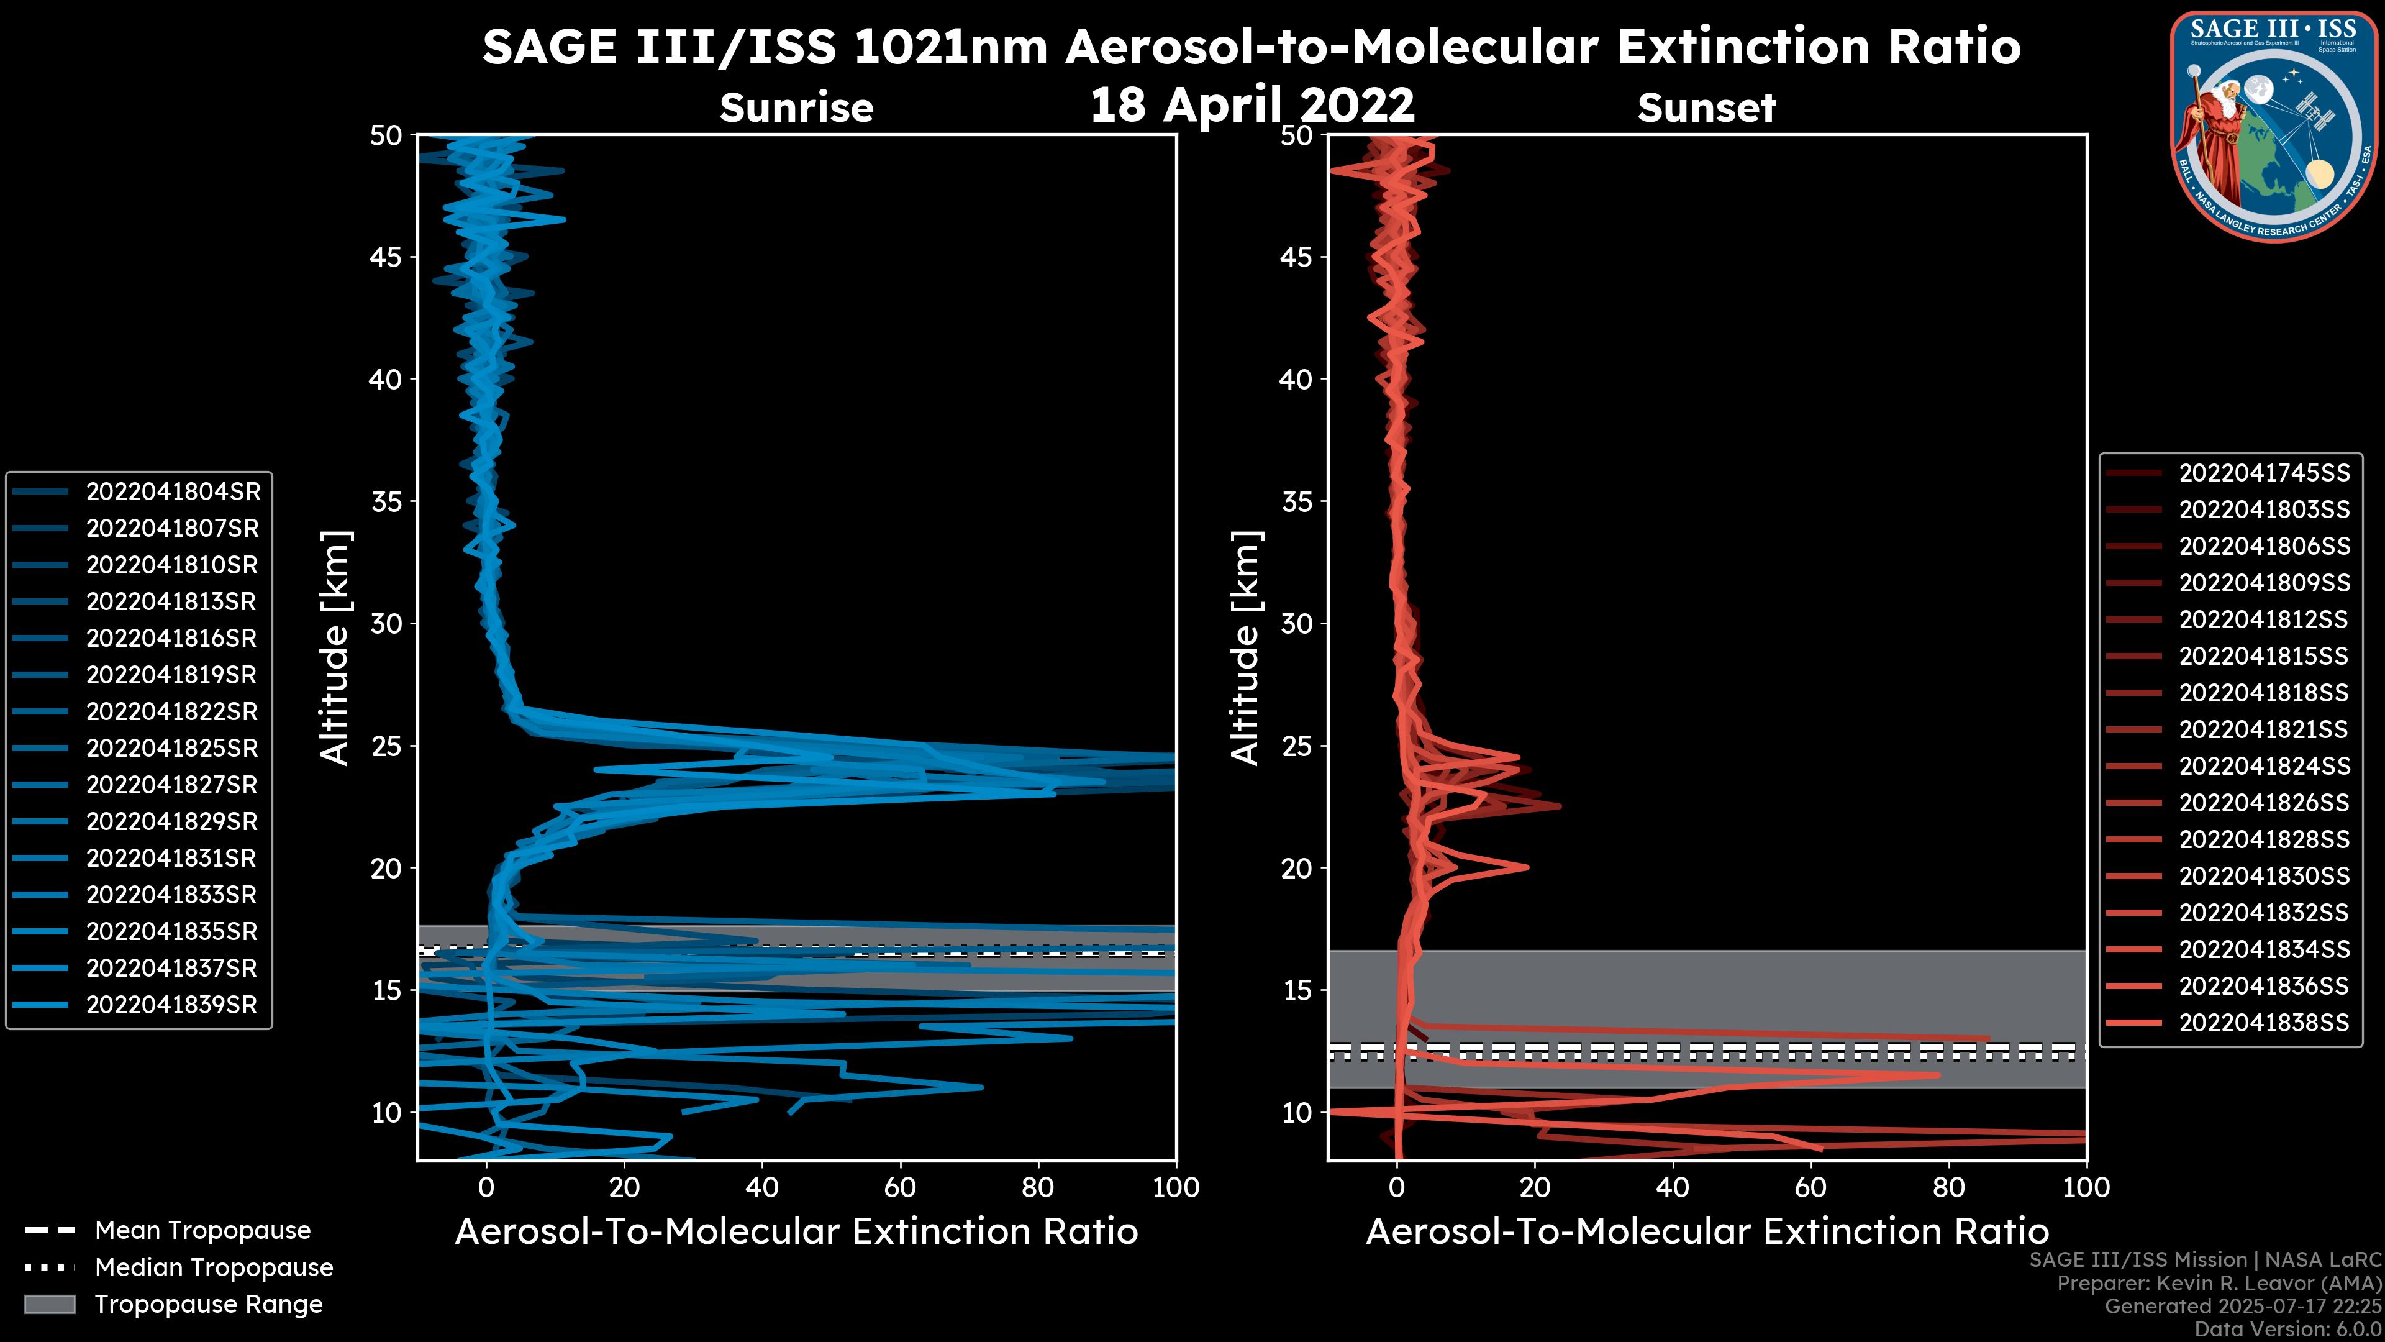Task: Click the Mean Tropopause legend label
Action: (202, 1231)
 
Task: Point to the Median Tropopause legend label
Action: (214, 1268)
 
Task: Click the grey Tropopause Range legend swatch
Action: (50, 1304)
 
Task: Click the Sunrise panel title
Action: (796, 108)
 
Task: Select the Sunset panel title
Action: (1706, 108)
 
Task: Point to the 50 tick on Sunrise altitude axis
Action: (387, 136)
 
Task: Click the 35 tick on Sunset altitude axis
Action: (1298, 502)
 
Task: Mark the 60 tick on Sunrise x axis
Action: (900, 1187)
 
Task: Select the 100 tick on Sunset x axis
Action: (2087, 1187)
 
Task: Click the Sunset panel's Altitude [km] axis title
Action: (1245, 647)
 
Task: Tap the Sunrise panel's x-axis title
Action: (796, 1232)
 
